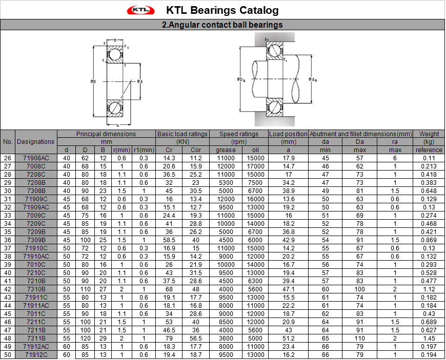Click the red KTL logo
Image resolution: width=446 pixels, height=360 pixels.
click(x=141, y=10)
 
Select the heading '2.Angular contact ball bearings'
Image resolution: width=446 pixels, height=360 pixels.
click(x=222, y=25)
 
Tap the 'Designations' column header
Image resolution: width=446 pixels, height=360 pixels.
click(x=35, y=142)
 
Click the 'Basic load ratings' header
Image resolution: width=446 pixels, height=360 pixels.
click(x=183, y=134)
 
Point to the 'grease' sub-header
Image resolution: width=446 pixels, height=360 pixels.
click(x=226, y=150)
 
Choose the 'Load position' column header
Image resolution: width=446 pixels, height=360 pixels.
click(x=288, y=134)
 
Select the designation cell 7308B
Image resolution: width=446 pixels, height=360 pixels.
click(x=36, y=190)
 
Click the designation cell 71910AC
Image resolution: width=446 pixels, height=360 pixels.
click(x=36, y=256)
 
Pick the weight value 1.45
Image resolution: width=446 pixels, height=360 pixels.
click(x=429, y=338)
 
